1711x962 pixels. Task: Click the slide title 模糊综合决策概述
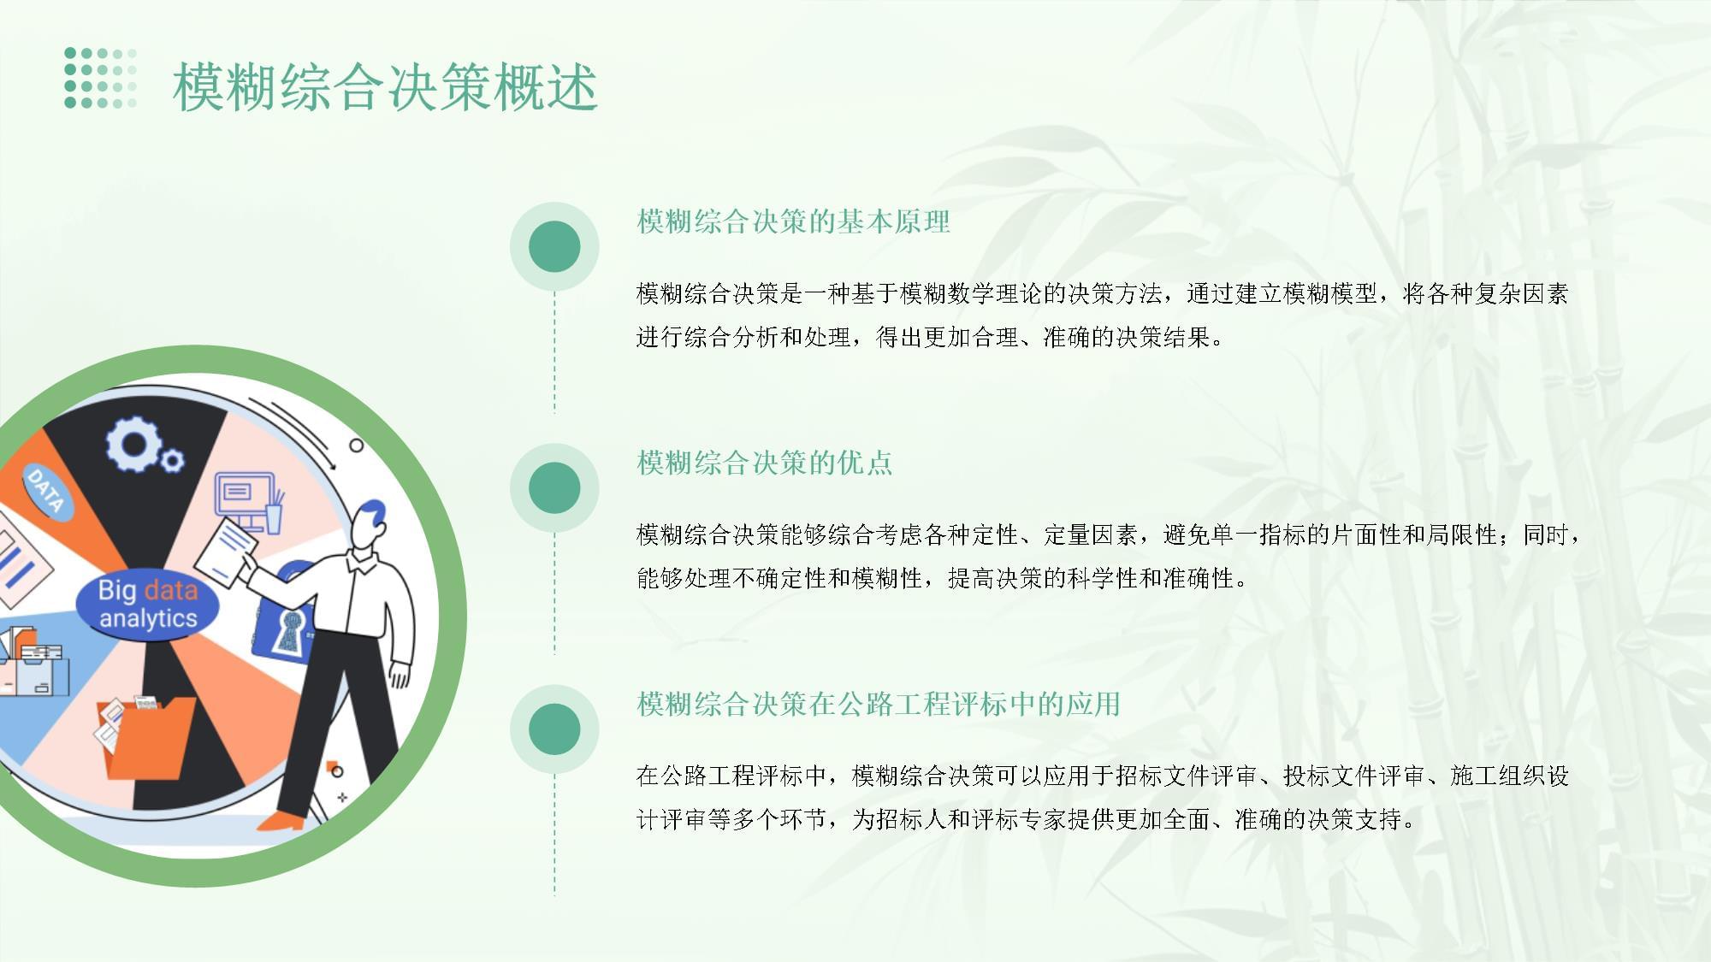(x=385, y=87)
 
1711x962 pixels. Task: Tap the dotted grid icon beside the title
(x=101, y=78)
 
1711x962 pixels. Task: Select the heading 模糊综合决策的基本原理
(x=793, y=221)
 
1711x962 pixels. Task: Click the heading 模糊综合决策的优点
(x=764, y=463)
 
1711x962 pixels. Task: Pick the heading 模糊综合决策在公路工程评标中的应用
(x=879, y=704)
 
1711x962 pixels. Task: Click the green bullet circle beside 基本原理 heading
(x=554, y=246)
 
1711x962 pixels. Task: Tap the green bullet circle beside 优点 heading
(x=554, y=487)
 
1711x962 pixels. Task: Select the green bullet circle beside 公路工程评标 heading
(x=554, y=729)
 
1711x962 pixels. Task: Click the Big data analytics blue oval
(x=147, y=604)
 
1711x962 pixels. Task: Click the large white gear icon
(x=134, y=444)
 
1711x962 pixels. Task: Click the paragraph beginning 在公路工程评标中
(x=1103, y=797)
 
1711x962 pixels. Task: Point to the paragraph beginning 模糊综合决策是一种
(x=1103, y=315)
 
